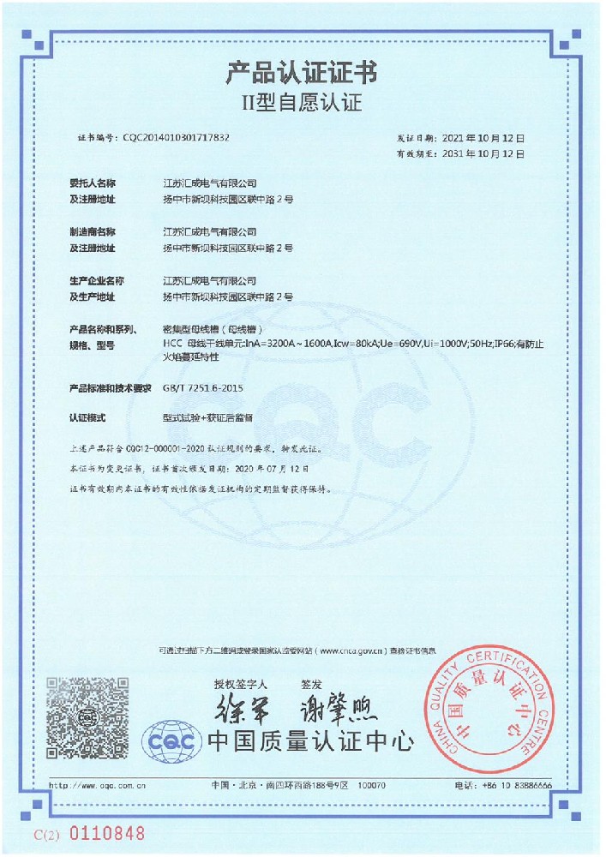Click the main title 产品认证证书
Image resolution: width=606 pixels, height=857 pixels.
click(x=301, y=72)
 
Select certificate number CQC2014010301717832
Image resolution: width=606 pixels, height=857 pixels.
click(x=177, y=137)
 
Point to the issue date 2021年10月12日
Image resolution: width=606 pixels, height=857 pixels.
click(x=483, y=137)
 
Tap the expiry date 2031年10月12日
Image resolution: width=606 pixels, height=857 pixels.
click(x=483, y=153)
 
